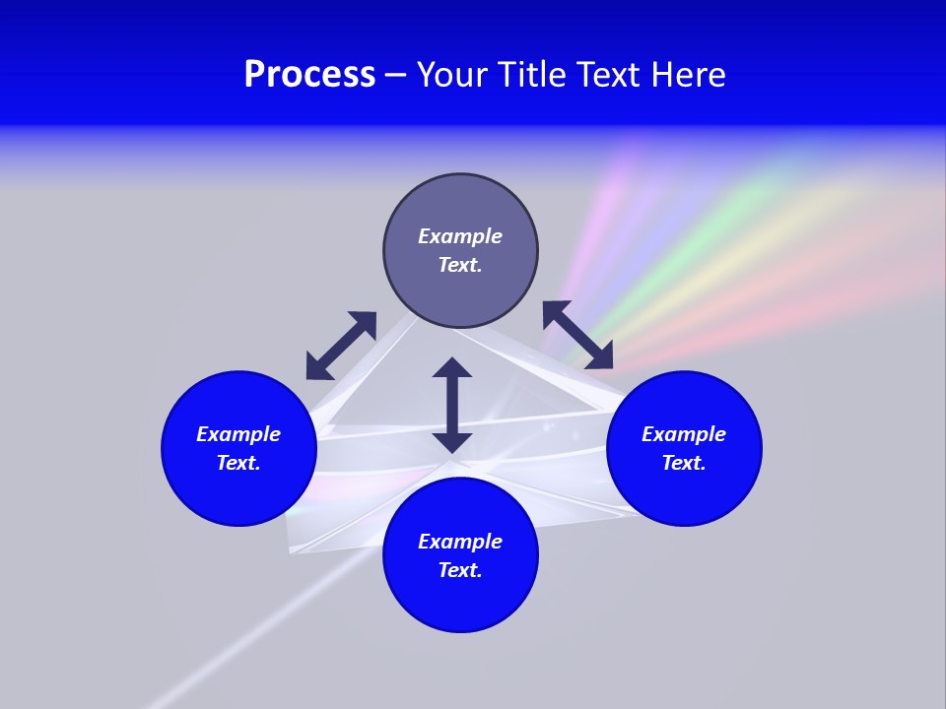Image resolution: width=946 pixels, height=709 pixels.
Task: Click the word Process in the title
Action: click(x=309, y=75)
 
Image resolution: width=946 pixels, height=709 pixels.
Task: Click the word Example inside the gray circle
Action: click(x=460, y=236)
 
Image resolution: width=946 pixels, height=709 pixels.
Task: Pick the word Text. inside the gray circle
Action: click(x=460, y=265)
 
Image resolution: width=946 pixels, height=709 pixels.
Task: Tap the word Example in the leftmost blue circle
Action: click(x=238, y=434)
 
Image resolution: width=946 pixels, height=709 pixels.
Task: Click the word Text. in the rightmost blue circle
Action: click(x=684, y=463)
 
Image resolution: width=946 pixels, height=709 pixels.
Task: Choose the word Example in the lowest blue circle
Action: click(x=460, y=542)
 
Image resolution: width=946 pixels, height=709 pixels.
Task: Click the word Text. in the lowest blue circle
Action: click(x=460, y=570)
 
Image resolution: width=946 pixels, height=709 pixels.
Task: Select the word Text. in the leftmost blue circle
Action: click(x=238, y=463)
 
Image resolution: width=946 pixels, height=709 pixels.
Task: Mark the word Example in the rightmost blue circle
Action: click(x=684, y=434)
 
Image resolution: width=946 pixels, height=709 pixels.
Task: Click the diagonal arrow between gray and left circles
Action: click(x=341, y=346)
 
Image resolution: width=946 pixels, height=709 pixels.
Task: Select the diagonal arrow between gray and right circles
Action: click(x=577, y=335)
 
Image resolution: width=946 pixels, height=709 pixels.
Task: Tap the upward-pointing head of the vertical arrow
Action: click(x=452, y=369)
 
